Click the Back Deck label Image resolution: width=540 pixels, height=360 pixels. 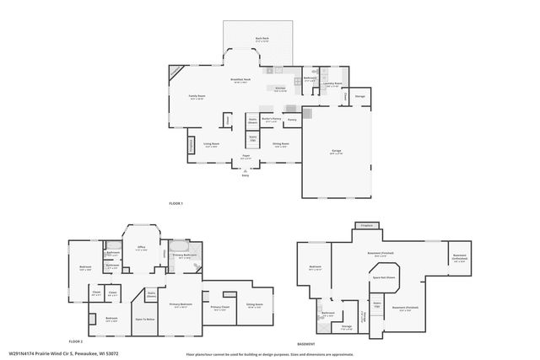262,39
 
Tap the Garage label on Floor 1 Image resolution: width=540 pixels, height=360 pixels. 336,152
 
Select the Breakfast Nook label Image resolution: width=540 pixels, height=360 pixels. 239,79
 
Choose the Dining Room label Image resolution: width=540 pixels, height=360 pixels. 280,143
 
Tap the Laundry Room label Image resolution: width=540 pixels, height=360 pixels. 332,83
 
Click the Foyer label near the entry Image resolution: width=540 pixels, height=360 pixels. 247,156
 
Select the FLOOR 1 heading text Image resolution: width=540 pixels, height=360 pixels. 175,204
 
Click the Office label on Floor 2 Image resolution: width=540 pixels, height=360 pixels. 142,247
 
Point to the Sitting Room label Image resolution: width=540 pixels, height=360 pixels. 255,304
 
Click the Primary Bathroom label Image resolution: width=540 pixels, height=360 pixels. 185,255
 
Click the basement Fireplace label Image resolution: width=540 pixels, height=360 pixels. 366,226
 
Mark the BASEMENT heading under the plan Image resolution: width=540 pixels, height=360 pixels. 306,345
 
